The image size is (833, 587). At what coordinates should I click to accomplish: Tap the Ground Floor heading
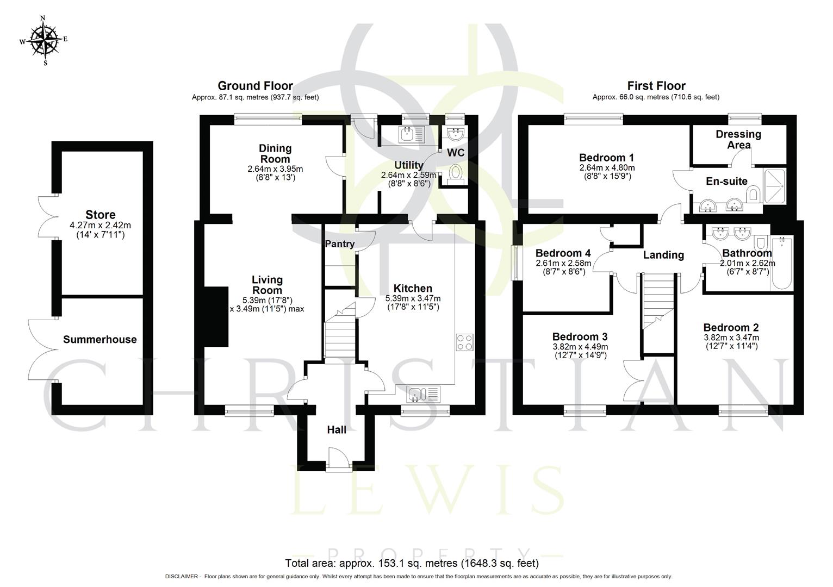(x=255, y=86)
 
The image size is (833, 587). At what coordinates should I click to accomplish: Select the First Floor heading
(x=656, y=86)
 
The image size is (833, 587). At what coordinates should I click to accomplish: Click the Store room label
(x=100, y=215)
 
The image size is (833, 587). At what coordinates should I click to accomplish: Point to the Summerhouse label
(x=100, y=340)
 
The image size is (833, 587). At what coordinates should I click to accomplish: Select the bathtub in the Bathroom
(x=782, y=264)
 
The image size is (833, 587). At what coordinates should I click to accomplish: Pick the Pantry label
(x=340, y=244)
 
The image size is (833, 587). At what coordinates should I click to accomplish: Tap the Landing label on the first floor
(x=663, y=255)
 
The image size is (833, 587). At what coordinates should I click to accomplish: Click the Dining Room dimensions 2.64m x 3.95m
(x=275, y=169)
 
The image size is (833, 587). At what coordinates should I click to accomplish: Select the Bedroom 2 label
(x=731, y=328)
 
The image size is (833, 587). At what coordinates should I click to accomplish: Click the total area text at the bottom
(x=412, y=563)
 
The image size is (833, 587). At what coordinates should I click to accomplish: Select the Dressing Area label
(x=738, y=139)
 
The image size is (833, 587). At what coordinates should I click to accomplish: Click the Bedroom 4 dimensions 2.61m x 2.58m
(x=563, y=264)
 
